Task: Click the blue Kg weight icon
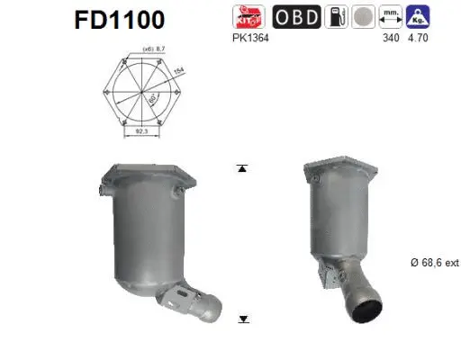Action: [x=418, y=16]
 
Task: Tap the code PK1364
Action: [x=249, y=38]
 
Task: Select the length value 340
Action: [x=391, y=38]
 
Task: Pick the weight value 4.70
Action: [x=419, y=38]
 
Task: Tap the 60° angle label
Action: [x=154, y=96]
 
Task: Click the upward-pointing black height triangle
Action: [x=241, y=168]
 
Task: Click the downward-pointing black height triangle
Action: [x=241, y=319]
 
